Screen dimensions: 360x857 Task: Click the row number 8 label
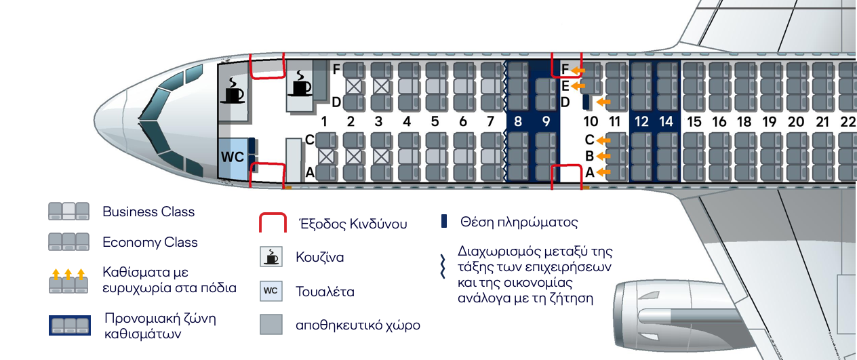518,122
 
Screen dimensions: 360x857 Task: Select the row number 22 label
848,122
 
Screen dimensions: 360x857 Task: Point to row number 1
324,122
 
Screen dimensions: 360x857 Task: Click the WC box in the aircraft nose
233,157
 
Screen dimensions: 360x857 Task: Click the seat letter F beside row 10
565,69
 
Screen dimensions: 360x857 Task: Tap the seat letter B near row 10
589,157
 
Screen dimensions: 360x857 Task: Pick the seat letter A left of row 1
310,173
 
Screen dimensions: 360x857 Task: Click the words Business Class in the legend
148,212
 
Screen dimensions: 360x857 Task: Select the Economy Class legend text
150,242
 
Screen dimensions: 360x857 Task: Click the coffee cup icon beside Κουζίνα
271,257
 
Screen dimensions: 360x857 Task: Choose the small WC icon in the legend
271,292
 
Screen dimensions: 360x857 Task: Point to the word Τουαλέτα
325,292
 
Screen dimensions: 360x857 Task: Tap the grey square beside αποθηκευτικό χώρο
271,325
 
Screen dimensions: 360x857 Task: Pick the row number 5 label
435,122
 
